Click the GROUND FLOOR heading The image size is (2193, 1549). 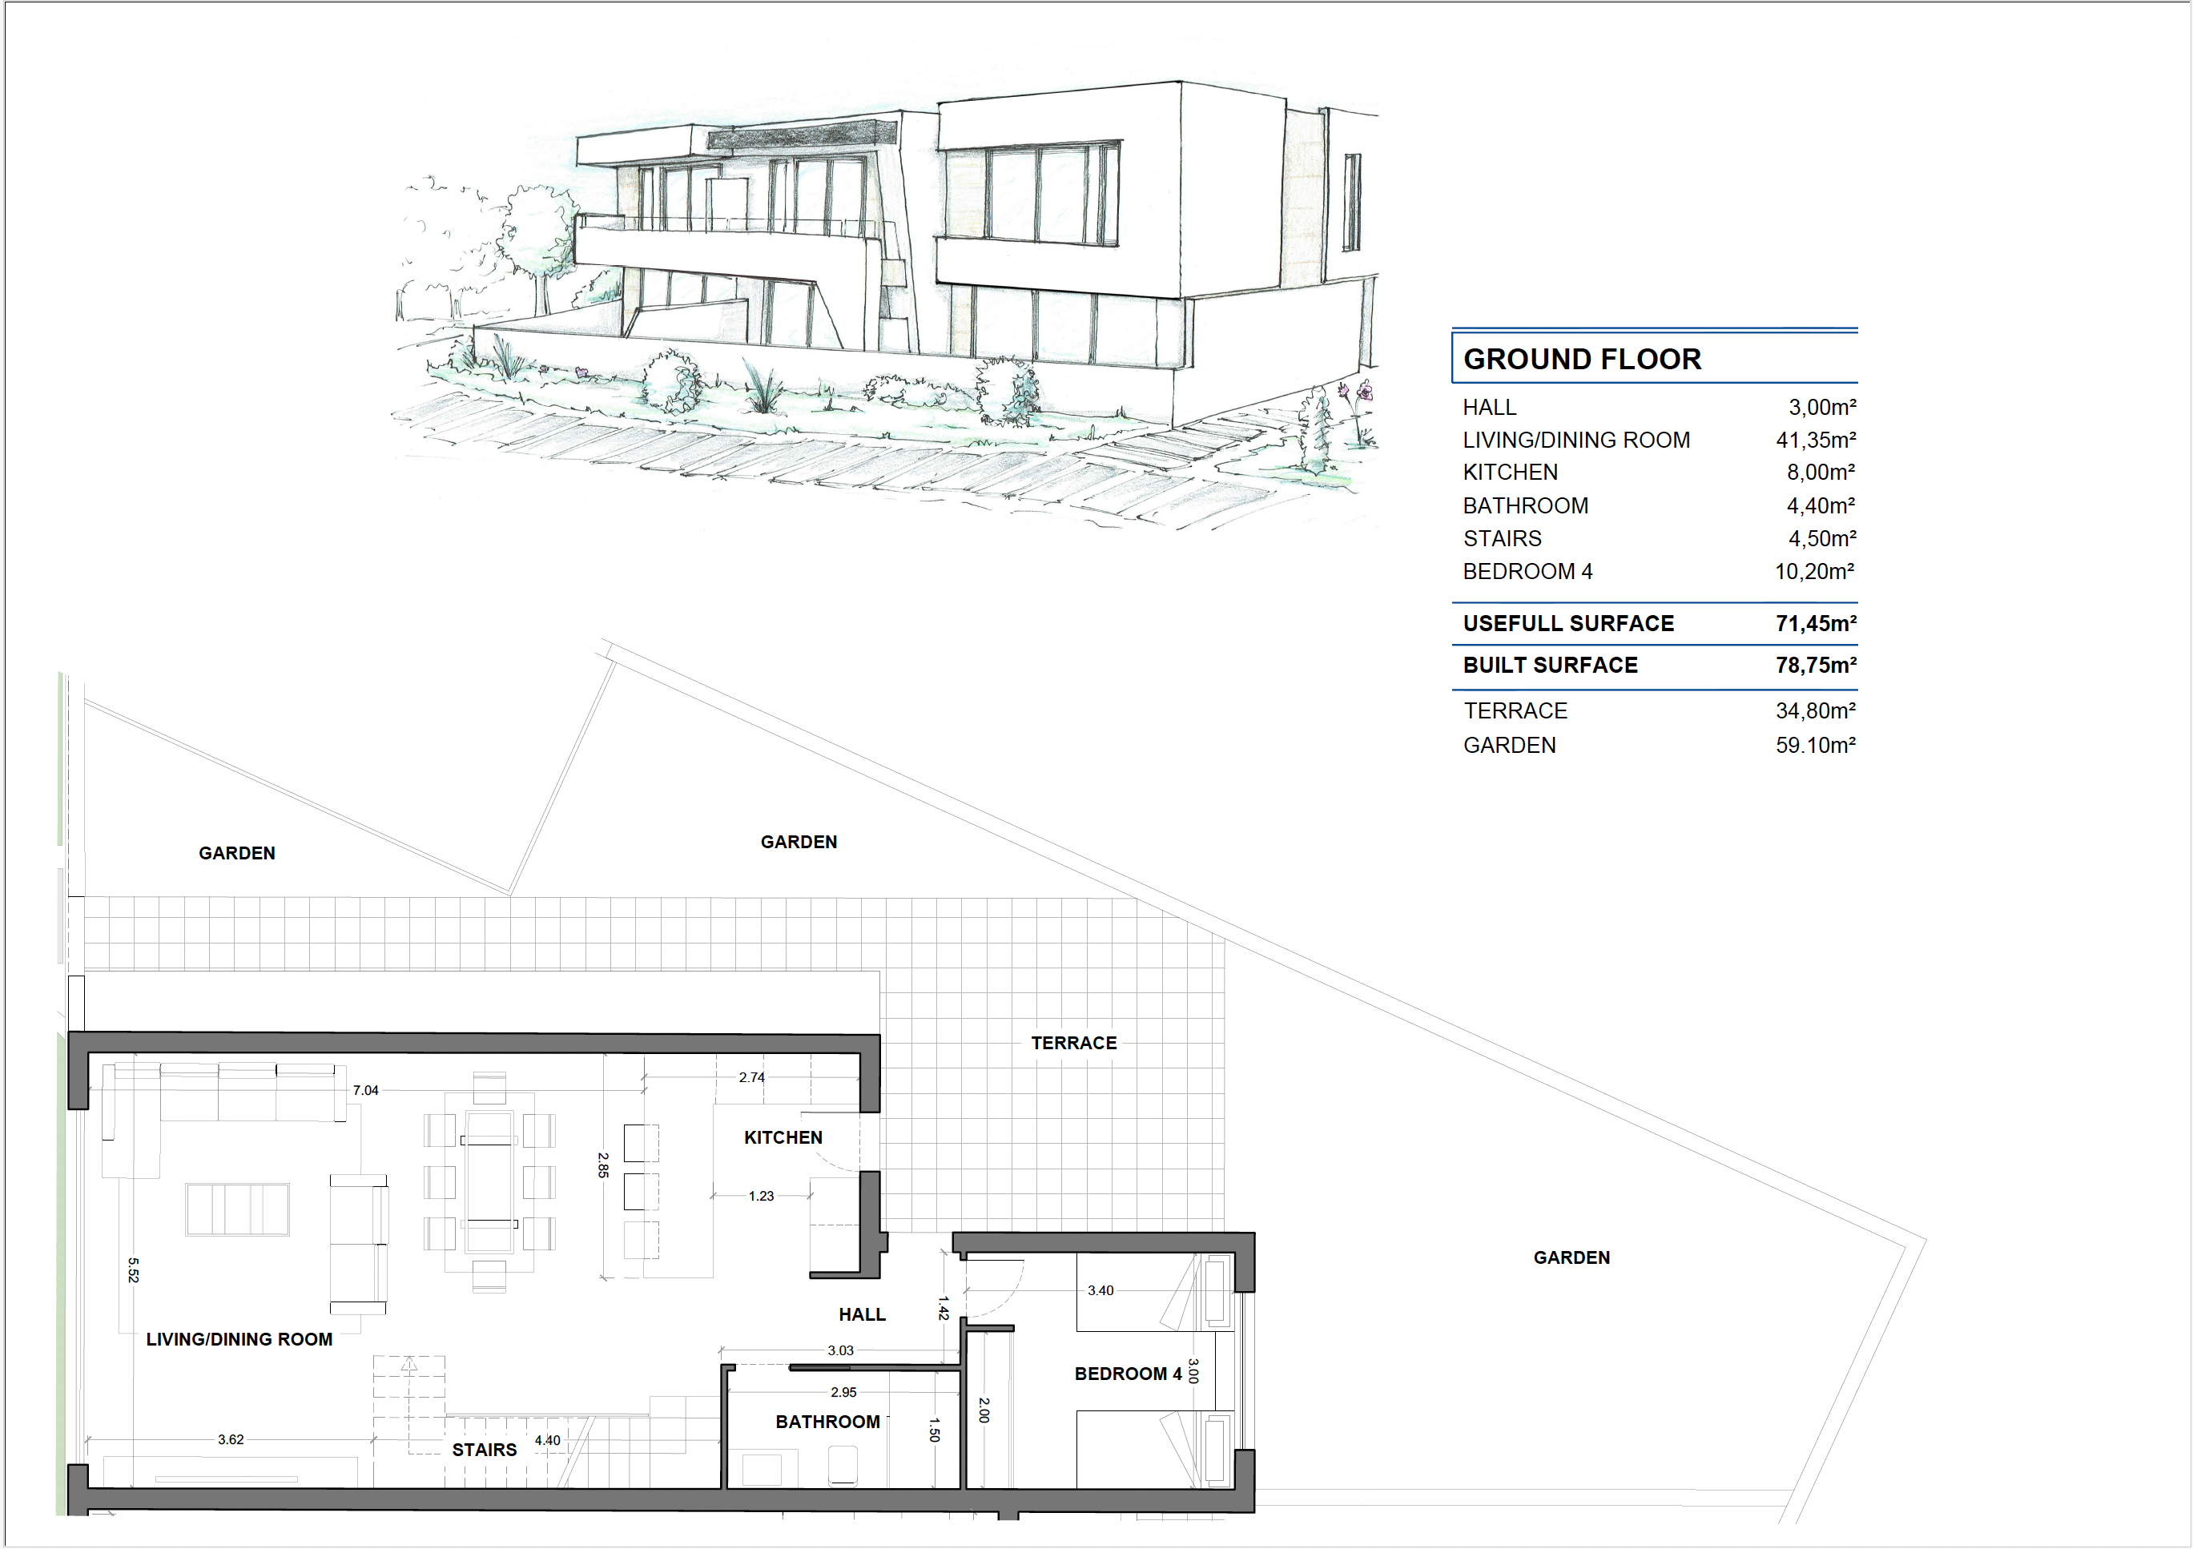1582,359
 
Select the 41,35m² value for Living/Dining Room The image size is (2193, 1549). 1816,441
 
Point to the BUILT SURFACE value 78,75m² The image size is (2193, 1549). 1816,666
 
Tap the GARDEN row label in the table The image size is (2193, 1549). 1509,745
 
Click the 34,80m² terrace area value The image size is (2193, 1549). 1816,711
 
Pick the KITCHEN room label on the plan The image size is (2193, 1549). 783,1137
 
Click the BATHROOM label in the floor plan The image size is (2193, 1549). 828,1422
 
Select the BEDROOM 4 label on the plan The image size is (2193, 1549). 1128,1374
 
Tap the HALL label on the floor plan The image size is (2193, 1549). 863,1315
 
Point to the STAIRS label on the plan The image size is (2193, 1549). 485,1450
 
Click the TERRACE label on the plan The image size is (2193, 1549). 1073,1043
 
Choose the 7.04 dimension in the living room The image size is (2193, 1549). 366,1091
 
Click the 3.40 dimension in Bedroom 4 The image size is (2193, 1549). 1101,1291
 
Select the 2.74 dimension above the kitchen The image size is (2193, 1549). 752,1078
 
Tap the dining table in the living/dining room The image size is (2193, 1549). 489,1182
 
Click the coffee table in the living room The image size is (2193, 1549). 238,1210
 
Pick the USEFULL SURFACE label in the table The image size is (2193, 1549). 1568,624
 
